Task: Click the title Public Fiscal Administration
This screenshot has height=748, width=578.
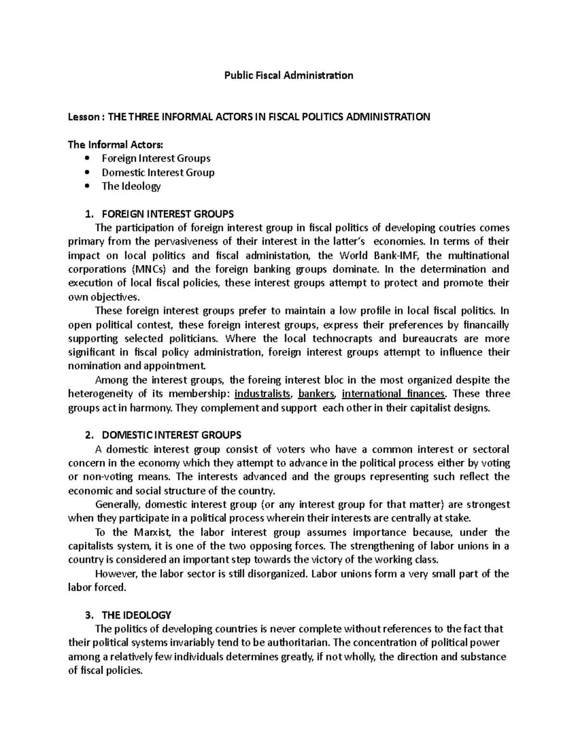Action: (289, 76)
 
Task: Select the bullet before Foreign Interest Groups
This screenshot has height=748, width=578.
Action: (87, 158)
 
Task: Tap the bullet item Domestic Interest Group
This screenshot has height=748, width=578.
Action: (158, 172)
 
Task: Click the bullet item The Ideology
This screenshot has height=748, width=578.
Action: (131, 186)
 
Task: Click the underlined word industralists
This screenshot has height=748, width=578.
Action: (263, 394)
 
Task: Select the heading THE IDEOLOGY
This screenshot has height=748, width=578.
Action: (133, 616)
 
